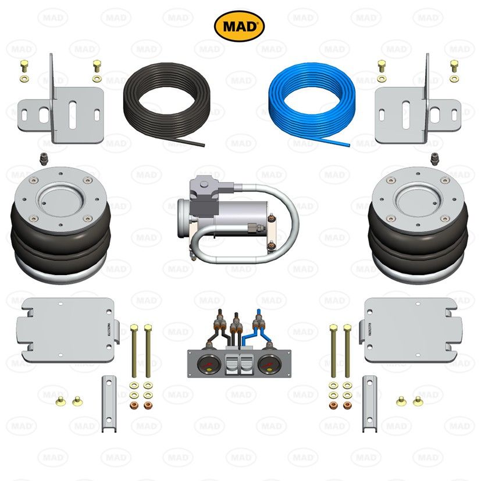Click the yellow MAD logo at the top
(240, 26)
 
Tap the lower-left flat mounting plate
(67, 329)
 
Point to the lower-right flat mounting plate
(411, 329)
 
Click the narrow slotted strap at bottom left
(107, 404)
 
